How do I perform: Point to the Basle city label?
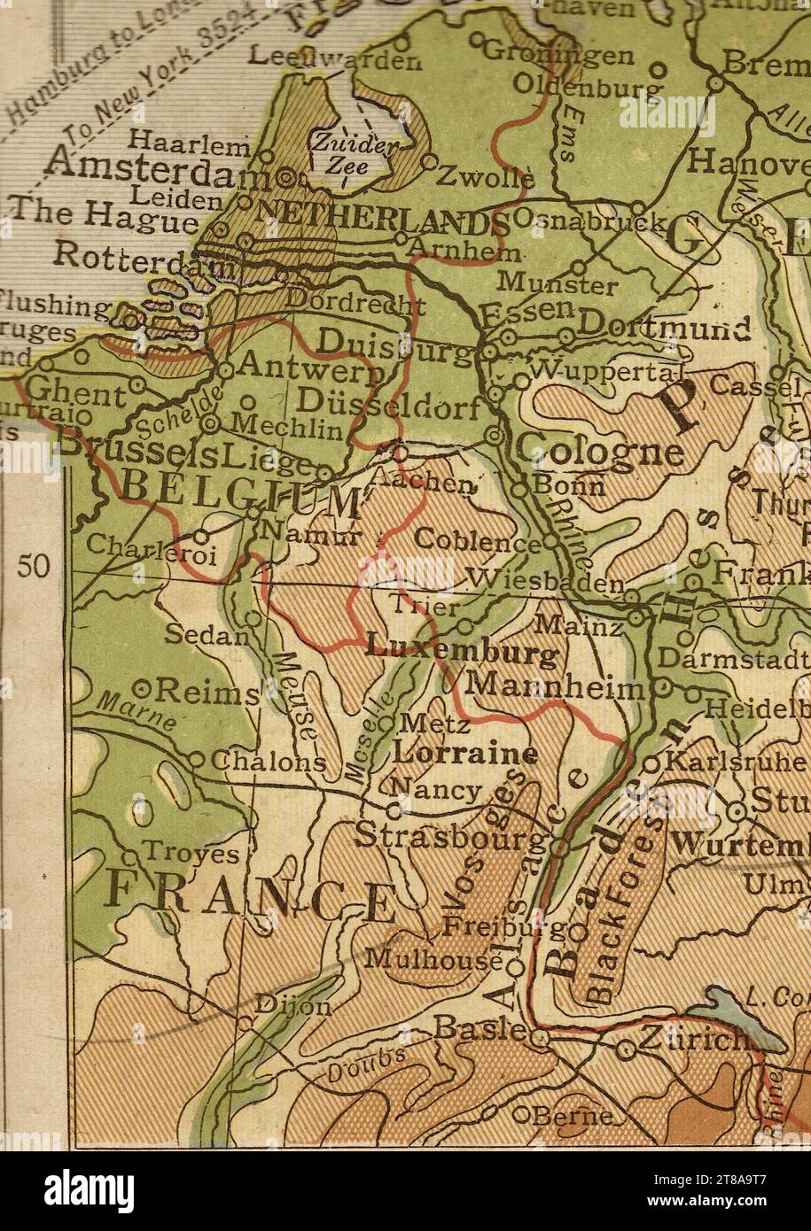pyautogui.click(x=480, y=1027)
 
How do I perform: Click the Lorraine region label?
pyautogui.click(x=465, y=755)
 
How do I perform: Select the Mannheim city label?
pyautogui.click(x=554, y=686)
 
